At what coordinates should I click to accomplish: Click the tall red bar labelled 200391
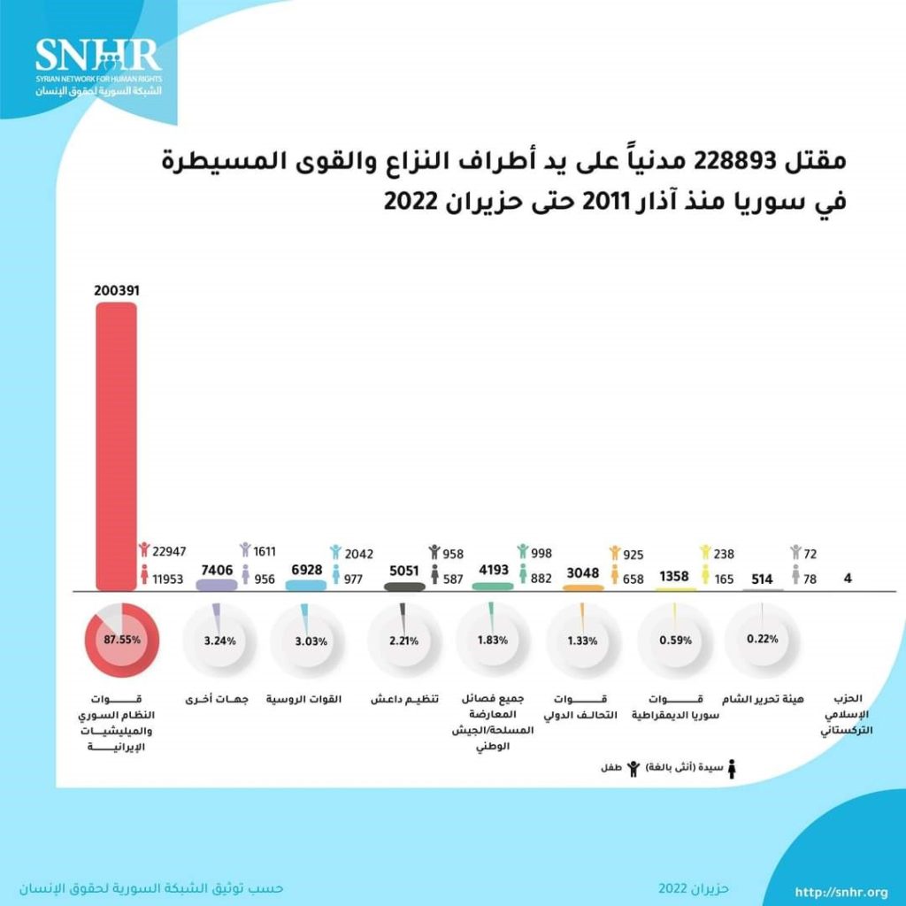(116, 447)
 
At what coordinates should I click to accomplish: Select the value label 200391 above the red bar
(116, 290)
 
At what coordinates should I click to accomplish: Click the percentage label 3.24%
(219, 641)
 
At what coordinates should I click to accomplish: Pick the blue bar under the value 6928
(306, 586)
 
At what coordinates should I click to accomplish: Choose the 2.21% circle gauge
(403, 640)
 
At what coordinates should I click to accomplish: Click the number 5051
(407, 572)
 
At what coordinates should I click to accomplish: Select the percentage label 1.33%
(583, 641)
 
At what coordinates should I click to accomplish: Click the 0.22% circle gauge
(762, 640)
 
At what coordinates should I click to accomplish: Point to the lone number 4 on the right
(848, 579)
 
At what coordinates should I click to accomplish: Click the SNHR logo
(97, 66)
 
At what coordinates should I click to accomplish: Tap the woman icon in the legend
(731, 770)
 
